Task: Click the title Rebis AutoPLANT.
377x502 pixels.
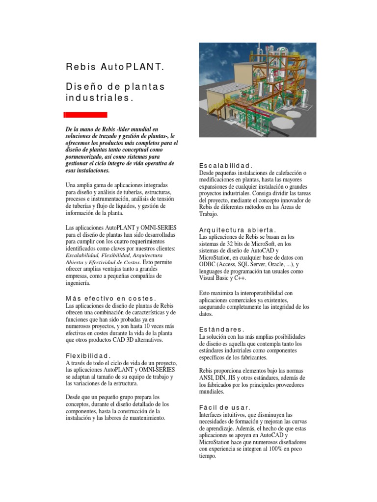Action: coord(114,67)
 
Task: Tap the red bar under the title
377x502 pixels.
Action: coord(85,115)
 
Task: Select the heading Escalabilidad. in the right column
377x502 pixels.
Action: coord(225,166)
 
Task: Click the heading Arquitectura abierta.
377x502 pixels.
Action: coord(238,230)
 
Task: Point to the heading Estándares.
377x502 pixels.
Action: coord(221,329)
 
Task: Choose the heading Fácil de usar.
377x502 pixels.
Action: coord(224,407)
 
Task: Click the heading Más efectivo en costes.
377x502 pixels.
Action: coord(111,298)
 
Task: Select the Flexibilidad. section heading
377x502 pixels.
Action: coord(88,355)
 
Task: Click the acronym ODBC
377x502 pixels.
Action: coord(208,264)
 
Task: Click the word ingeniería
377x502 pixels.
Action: coord(78,283)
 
